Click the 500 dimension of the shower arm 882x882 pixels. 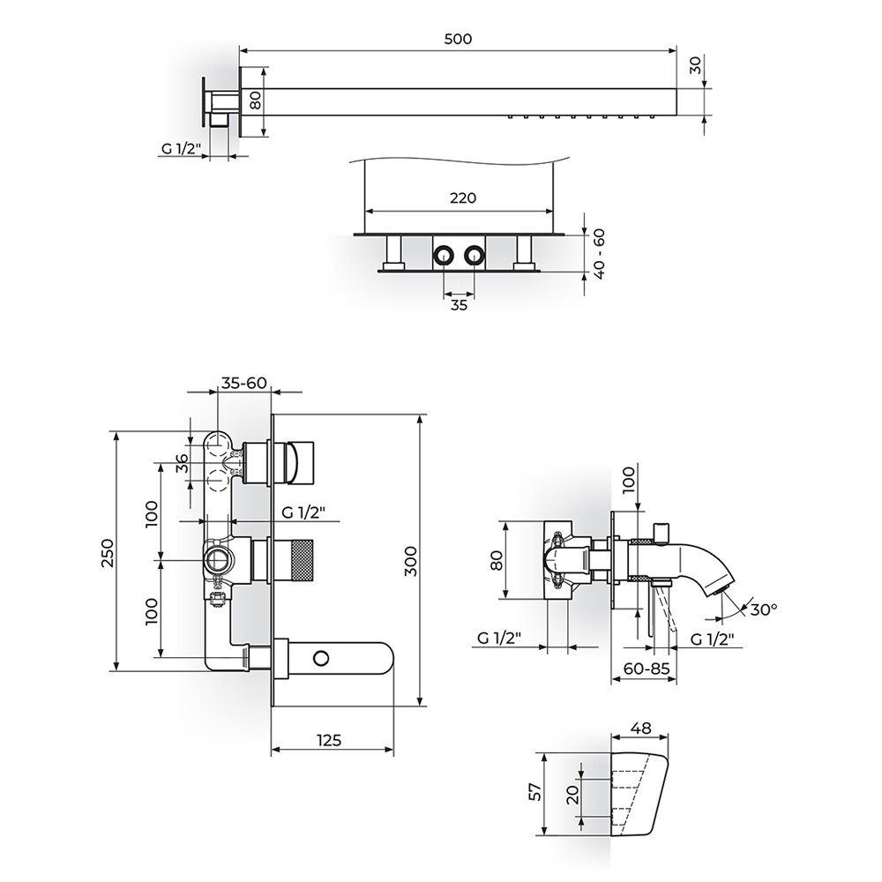pos(458,39)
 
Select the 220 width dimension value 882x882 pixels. pos(463,198)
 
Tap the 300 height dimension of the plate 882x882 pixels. pos(411,561)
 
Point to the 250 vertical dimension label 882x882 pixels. pos(107,553)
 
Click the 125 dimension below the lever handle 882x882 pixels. pos(328,740)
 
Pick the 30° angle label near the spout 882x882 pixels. pos(764,609)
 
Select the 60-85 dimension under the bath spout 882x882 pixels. pos(647,669)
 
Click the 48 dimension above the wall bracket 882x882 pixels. pos(640,728)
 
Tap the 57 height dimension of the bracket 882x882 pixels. pos(537,792)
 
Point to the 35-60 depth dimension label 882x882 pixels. pos(243,383)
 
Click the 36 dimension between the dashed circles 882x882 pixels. pos(182,464)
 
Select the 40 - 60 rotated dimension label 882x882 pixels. pos(599,254)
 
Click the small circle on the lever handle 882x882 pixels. pos(321,658)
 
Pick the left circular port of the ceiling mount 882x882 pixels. pos(444,257)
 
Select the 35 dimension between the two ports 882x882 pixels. pos(459,305)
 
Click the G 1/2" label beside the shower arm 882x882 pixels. pos(181,148)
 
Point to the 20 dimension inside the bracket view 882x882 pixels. pos(573,795)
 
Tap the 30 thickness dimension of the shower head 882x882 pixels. pos(696,65)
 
